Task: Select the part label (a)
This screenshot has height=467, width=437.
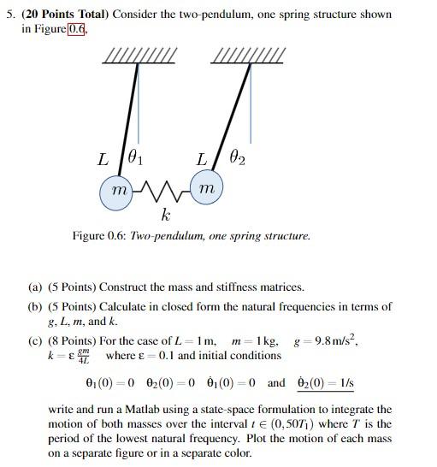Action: (35, 287)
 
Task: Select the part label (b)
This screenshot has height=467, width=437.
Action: (35, 306)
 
